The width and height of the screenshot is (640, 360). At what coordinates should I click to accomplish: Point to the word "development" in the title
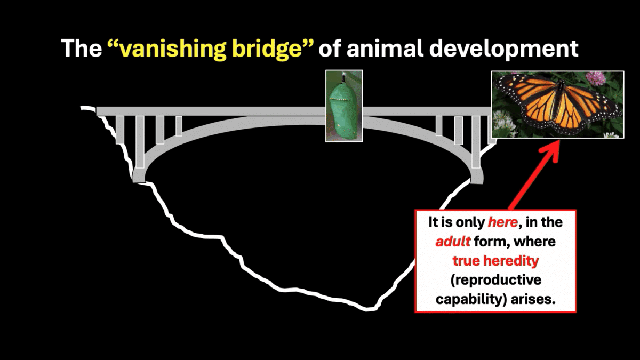[503, 49]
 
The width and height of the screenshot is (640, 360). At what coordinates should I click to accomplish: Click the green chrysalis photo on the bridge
[345, 106]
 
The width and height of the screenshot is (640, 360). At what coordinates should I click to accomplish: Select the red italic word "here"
[502, 222]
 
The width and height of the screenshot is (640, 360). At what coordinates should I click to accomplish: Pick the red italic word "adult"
[453, 242]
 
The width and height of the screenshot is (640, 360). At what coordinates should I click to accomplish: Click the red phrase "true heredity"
[495, 261]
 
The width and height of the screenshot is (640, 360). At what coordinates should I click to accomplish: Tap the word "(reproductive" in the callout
[495, 280]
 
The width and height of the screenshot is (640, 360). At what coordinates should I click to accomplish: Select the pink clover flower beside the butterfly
[596, 78]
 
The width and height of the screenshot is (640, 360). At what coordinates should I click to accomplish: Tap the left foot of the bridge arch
[139, 177]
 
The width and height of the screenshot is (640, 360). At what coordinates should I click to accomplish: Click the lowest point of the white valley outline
[368, 309]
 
